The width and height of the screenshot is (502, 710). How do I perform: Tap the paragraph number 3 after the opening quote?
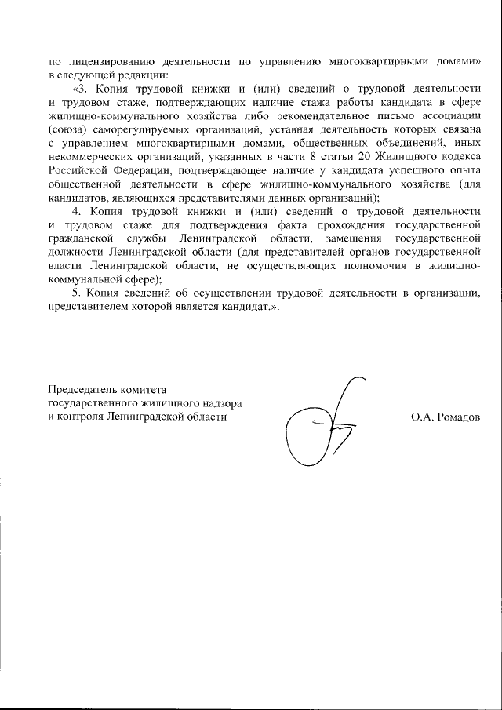tap(78, 89)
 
